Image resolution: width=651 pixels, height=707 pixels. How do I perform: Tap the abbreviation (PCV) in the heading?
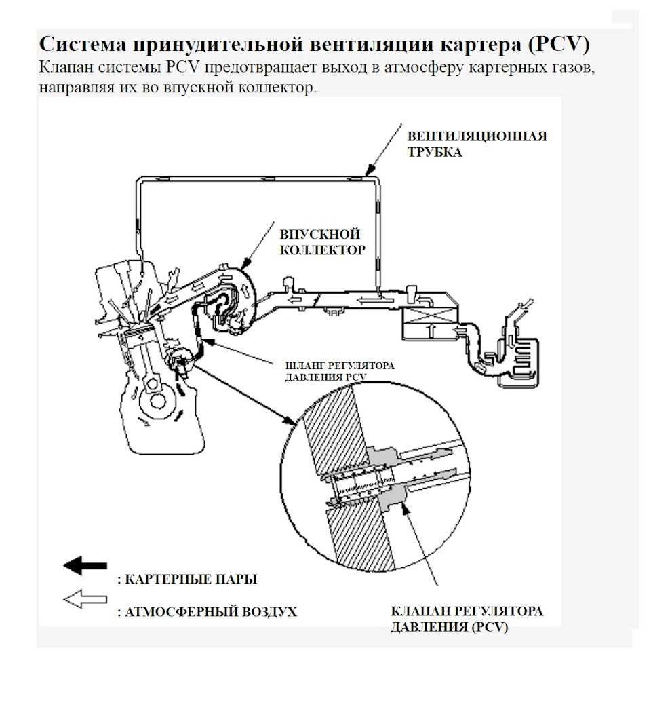coord(555,45)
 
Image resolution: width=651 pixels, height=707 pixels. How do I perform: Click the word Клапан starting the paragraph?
coord(64,69)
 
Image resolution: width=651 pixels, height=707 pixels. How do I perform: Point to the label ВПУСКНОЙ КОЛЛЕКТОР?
coord(322,241)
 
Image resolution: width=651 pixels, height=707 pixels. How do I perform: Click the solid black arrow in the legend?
coord(85,565)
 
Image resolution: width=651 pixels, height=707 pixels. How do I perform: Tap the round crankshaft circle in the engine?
coord(158,400)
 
